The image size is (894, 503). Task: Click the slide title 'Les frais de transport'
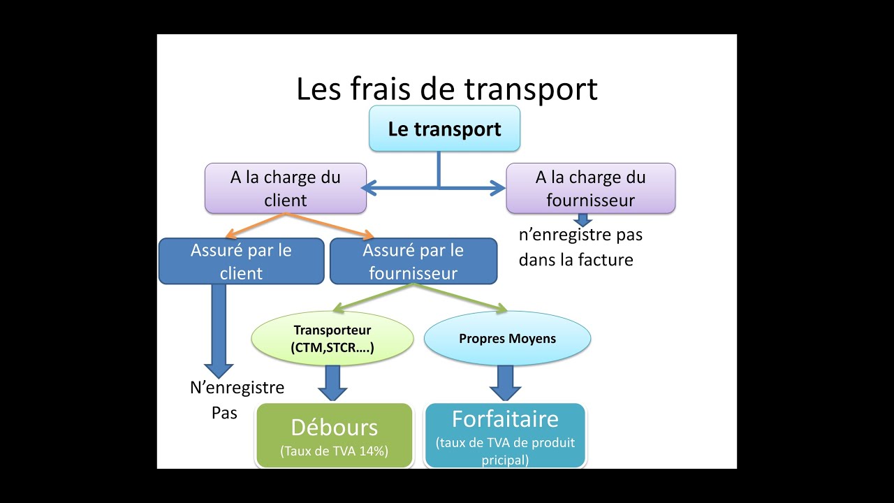447,89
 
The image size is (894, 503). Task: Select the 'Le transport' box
444,129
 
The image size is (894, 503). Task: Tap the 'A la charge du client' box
285,189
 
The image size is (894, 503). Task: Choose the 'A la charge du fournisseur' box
590,189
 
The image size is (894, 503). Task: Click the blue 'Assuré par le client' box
241,261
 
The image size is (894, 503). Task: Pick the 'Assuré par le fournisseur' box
413,261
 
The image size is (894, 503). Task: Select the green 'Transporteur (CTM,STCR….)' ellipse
332,339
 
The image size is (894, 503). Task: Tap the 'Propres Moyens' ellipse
507,339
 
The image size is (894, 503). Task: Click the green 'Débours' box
334,435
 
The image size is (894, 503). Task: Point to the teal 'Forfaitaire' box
505,435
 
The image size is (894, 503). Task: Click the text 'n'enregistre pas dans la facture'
580,247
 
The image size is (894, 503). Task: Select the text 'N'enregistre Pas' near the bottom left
237,400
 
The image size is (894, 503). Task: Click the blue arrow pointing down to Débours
332,384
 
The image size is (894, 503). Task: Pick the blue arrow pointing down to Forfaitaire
505,384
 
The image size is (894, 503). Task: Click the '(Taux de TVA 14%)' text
334,451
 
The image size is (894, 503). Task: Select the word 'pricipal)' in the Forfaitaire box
505,460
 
